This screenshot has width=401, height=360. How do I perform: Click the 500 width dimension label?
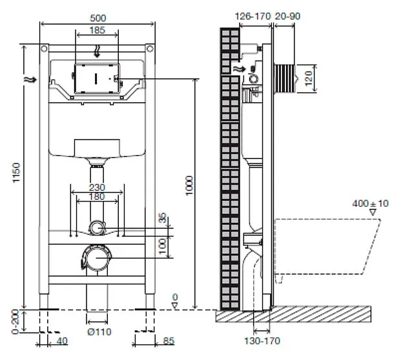(x=98, y=18)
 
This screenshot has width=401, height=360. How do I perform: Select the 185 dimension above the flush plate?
(x=98, y=30)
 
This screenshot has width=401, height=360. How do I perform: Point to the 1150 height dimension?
(x=16, y=173)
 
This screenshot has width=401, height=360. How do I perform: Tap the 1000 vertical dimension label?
(x=189, y=185)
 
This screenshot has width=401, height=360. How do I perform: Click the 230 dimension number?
(x=97, y=187)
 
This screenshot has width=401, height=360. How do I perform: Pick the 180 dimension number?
(x=97, y=196)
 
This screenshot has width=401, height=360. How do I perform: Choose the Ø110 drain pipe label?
(x=99, y=332)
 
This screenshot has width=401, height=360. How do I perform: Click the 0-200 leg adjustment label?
(x=15, y=322)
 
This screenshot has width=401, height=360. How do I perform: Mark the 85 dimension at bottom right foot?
(x=169, y=341)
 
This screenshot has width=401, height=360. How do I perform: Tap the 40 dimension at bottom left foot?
(x=62, y=341)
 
